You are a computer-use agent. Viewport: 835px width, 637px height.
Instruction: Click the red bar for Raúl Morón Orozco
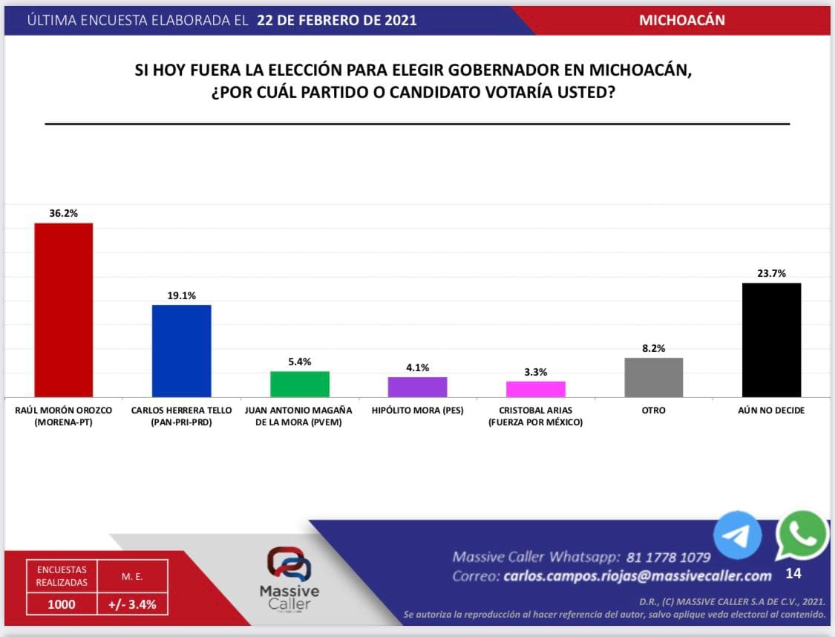click(x=64, y=310)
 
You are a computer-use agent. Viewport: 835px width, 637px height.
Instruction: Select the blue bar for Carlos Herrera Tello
click(x=181, y=350)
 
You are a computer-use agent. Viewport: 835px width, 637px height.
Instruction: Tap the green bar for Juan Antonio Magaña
click(x=299, y=384)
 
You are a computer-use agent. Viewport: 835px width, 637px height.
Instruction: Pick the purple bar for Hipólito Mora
click(x=417, y=387)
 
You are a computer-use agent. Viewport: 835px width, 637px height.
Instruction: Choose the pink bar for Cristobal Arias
click(x=535, y=389)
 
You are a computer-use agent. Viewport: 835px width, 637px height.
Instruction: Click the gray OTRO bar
click(x=653, y=377)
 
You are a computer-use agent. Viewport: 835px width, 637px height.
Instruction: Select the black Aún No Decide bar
click(x=771, y=339)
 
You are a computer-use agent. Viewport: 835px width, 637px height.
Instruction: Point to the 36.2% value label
click(x=64, y=213)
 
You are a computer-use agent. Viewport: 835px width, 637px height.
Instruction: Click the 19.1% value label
click(x=181, y=295)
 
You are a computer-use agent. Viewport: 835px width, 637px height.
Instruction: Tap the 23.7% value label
click(x=771, y=273)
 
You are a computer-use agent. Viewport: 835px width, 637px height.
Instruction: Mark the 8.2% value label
click(x=653, y=347)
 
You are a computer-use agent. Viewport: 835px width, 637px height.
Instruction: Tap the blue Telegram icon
click(x=738, y=535)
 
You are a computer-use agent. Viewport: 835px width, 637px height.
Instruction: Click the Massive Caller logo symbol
click(x=289, y=563)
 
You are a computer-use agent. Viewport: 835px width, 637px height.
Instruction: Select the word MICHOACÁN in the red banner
click(x=681, y=21)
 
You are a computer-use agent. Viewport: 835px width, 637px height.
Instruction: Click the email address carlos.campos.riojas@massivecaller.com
click(x=638, y=576)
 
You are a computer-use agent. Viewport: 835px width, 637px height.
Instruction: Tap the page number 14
click(x=793, y=574)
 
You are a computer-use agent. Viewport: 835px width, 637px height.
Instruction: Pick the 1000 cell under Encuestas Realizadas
click(x=62, y=604)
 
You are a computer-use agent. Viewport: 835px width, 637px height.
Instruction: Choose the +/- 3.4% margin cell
click(x=132, y=604)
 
